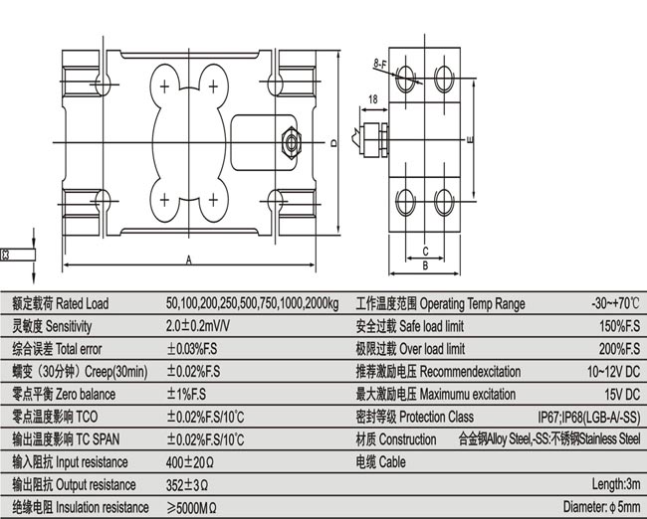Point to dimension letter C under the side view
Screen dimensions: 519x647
pyautogui.click(x=424, y=251)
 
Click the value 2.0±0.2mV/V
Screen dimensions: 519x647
pyautogui.click(x=199, y=326)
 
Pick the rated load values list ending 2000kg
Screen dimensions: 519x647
pyautogui.click(x=253, y=303)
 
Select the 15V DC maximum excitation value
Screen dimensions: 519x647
pyautogui.click(x=621, y=394)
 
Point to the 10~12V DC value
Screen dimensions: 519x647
pyautogui.click(x=613, y=371)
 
